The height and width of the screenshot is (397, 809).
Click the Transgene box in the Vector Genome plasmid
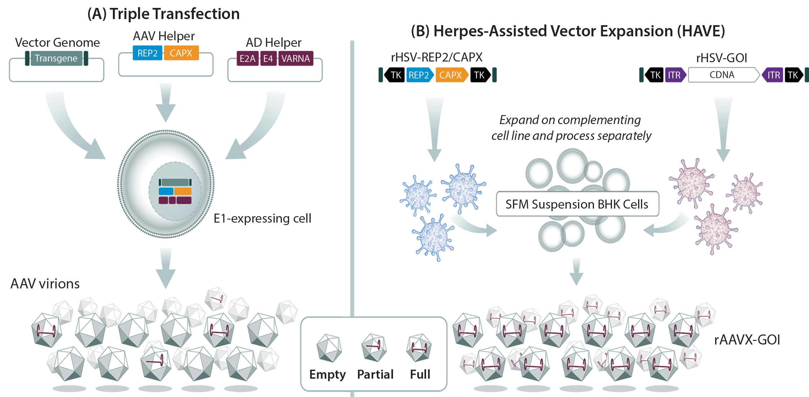(56, 58)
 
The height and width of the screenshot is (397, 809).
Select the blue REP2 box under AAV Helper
(147, 53)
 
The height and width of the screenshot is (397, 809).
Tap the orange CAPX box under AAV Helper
(181, 53)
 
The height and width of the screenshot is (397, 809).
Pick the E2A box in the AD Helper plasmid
(247, 59)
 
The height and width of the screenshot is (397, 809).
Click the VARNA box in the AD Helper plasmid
(296, 59)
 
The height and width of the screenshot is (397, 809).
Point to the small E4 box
(268, 59)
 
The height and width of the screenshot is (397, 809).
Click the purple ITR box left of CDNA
(675, 75)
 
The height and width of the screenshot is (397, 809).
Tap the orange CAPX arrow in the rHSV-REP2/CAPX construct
(451, 75)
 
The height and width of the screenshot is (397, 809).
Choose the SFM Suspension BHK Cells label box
(577, 204)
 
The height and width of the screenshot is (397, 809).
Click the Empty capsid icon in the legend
(329, 348)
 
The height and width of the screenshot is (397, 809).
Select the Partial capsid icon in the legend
(374, 347)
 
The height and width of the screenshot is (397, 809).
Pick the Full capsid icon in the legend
(419, 347)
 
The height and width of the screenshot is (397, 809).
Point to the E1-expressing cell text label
(262, 218)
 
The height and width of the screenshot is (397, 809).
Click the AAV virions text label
(45, 284)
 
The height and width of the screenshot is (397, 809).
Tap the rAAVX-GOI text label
(747, 340)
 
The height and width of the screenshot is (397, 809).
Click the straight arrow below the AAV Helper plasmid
(166, 102)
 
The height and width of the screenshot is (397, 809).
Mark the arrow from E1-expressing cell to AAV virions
(166, 268)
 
